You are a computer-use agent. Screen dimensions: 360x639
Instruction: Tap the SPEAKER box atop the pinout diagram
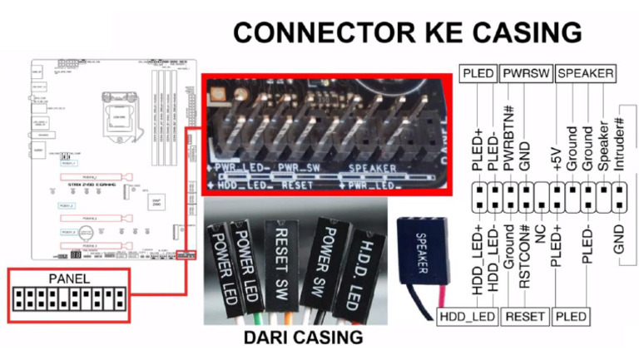pos(586,74)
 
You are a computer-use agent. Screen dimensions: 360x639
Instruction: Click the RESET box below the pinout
pos(525,317)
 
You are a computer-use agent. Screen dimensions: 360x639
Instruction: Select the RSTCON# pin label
pos(523,259)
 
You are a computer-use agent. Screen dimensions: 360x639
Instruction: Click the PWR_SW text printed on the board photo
pos(299,170)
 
